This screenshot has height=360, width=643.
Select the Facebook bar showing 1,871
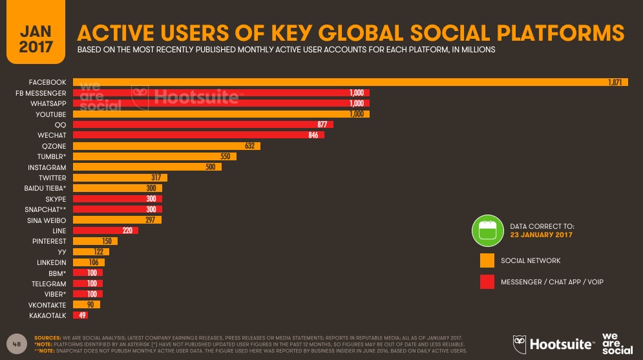(349, 83)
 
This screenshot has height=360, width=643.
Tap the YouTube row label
(48, 114)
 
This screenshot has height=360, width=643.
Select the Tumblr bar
(154, 156)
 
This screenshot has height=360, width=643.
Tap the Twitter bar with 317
(120, 177)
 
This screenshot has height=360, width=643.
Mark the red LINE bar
(105, 230)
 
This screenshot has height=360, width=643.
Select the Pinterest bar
(94, 241)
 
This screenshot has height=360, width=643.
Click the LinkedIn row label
(50, 262)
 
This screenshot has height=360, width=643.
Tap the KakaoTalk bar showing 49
(80, 315)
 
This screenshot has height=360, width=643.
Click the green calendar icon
(487, 230)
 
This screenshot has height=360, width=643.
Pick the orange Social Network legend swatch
(487, 260)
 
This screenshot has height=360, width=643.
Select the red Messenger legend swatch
(487, 282)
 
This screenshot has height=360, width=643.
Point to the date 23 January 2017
(541, 235)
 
